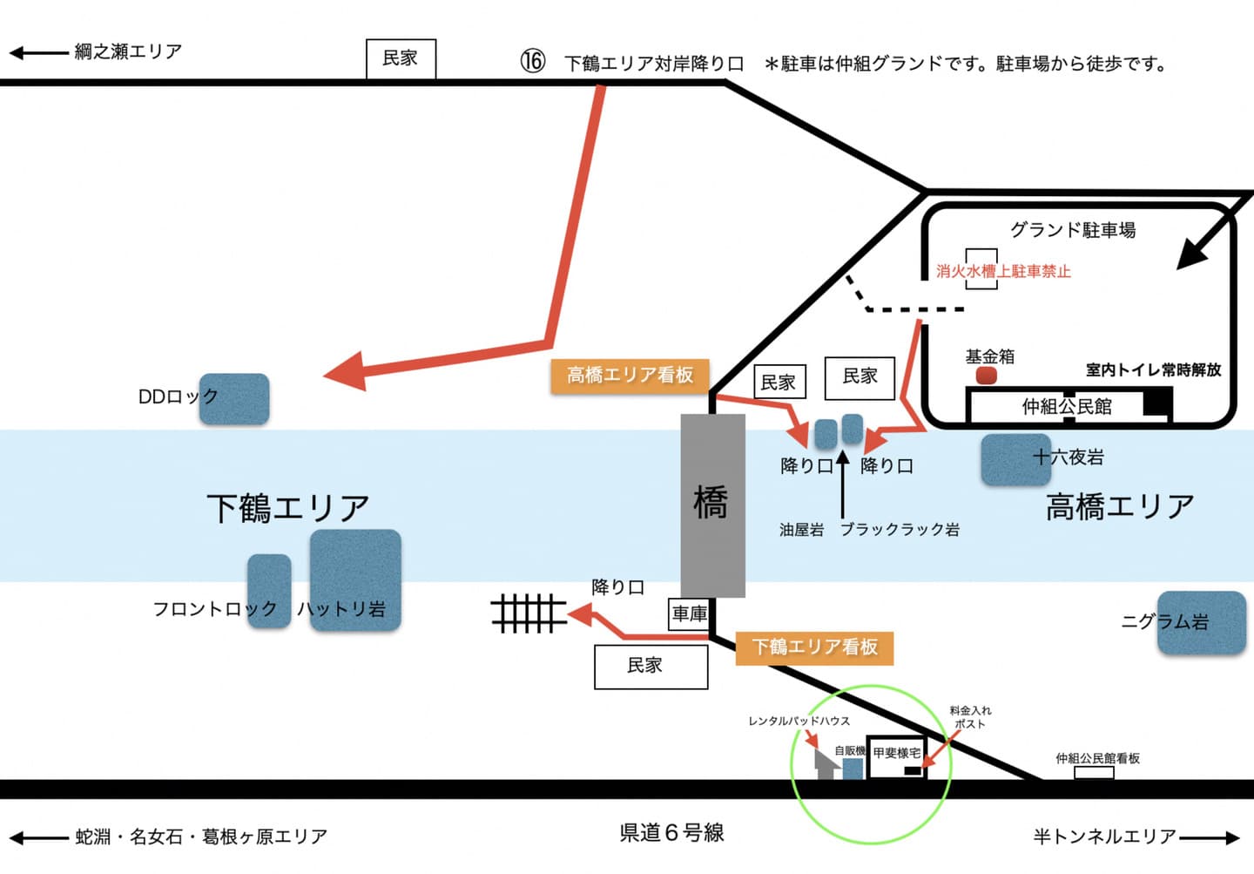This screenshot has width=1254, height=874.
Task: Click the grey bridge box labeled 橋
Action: [x=712, y=505]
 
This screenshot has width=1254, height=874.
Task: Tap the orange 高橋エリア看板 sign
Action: [x=630, y=376]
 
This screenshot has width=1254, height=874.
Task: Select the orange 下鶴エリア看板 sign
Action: [x=814, y=647]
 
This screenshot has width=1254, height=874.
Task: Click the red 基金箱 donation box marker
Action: [x=986, y=376]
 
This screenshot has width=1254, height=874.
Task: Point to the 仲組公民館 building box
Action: [x=1067, y=406]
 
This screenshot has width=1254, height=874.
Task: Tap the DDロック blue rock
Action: [x=234, y=399]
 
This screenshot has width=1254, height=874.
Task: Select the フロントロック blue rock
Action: [x=268, y=590]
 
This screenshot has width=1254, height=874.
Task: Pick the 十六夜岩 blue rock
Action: [x=1015, y=459]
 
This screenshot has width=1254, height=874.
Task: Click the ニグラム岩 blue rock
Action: [x=1201, y=622]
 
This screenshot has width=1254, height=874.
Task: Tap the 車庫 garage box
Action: [x=689, y=613]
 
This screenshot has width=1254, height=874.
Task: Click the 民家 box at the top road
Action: [x=400, y=58]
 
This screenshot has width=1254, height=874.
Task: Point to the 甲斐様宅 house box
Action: [x=896, y=755]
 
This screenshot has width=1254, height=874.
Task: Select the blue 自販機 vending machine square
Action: [x=853, y=769]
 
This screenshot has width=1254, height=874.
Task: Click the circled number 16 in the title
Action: [x=533, y=62]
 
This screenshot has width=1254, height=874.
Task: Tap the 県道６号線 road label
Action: [x=671, y=833]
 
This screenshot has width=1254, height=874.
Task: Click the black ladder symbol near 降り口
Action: [x=529, y=613]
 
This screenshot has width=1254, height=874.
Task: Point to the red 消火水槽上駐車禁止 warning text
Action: [x=1003, y=271]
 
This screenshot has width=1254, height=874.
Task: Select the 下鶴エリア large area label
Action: [x=288, y=508]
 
